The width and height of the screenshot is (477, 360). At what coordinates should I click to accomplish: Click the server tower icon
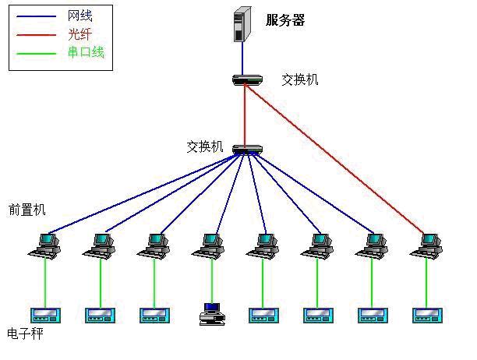(x=242, y=23)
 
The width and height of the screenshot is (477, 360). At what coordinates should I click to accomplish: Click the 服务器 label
(x=284, y=20)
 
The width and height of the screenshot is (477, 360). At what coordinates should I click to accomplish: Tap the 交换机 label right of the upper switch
(x=300, y=80)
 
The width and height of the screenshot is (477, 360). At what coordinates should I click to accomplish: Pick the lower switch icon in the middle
(x=246, y=149)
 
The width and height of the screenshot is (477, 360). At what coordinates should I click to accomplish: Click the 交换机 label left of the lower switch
(x=205, y=146)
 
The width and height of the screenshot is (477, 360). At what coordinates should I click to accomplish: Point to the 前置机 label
(x=27, y=210)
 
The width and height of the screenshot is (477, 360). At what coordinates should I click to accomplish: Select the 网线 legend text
(x=80, y=16)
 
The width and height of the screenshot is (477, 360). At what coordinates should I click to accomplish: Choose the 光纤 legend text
(x=80, y=34)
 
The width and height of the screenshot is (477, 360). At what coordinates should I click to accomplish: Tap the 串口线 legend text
(x=86, y=53)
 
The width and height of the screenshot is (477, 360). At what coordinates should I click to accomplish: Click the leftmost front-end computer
(x=44, y=245)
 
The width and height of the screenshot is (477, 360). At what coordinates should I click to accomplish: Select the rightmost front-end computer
(x=426, y=245)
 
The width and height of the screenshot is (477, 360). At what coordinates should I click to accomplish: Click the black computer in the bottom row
(x=211, y=313)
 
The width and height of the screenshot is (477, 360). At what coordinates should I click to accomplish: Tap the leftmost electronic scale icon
(x=45, y=315)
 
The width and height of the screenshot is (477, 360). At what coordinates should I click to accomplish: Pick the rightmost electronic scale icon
(x=426, y=315)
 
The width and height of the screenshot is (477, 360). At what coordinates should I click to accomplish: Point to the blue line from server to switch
(x=242, y=57)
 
